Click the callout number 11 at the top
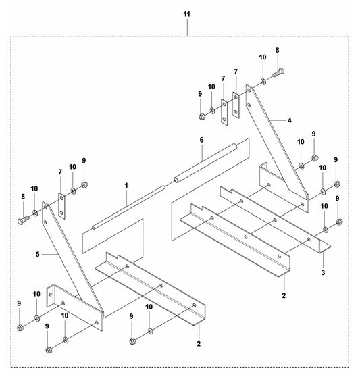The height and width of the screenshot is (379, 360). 187,14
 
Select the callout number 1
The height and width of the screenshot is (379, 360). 126,186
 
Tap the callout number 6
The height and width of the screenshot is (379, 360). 201,140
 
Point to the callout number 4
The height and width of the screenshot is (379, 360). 290,120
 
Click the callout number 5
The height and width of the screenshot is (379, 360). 37,254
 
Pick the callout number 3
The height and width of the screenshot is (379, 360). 323,272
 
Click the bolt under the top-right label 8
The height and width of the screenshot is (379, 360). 278,72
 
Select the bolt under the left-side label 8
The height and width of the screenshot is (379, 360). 24,220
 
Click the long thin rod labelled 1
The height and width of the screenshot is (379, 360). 128,207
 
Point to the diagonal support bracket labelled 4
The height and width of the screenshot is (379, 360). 277,148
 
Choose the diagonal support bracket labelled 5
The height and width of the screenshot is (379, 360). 73,266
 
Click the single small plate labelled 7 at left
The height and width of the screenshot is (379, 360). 61,205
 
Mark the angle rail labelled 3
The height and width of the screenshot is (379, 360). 276,220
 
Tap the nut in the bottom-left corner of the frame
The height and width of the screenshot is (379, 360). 20,328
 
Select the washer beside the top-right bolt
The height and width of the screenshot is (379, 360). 263,82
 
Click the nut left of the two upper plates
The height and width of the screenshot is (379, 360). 202,117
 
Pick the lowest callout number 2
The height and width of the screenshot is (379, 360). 199,343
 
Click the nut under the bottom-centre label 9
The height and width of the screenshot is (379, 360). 132,341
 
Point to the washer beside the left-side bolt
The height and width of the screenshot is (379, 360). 35,213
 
